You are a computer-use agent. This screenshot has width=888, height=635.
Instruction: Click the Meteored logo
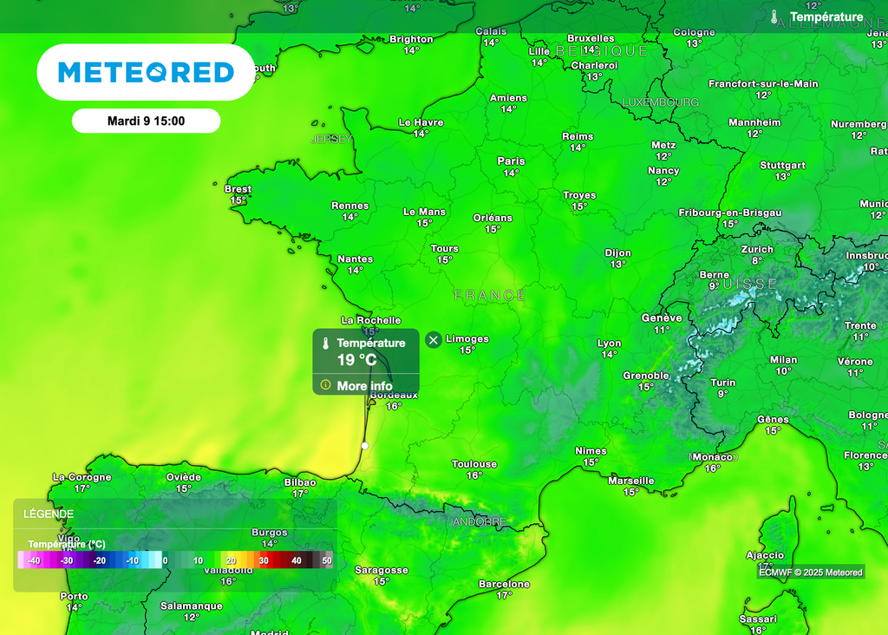[146, 72]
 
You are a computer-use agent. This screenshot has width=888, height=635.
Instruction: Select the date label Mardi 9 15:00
[146, 121]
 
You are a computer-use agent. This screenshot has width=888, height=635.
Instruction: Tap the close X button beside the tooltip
[434, 339]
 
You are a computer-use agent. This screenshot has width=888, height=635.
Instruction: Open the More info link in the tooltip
[364, 386]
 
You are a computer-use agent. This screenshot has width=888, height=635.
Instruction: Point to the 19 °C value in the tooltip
[356, 360]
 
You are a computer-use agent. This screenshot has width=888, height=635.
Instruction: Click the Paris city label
[511, 161]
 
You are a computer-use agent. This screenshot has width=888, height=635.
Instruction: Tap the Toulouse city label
[473, 464]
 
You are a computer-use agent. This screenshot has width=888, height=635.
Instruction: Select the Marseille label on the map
[631, 481]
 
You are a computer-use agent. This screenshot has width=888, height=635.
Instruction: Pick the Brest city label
[238, 189]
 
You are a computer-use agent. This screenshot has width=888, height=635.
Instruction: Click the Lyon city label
[609, 344]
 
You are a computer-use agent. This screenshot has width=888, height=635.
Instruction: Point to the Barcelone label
[504, 585]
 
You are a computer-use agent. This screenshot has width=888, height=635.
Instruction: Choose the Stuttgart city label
[782, 166]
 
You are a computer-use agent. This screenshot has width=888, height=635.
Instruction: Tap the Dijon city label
[617, 253]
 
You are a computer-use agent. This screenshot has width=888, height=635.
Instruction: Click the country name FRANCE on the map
[490, 296]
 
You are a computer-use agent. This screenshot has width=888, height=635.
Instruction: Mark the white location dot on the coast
[365, 445]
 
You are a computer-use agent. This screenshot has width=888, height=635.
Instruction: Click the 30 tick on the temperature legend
[264, 561]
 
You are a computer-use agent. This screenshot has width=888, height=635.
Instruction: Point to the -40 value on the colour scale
[34, 561]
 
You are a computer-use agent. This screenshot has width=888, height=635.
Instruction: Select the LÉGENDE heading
[49, 514]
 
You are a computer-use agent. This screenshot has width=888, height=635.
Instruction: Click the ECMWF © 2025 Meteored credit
[811, 572]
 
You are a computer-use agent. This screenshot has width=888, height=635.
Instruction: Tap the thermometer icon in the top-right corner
[774, 16]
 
